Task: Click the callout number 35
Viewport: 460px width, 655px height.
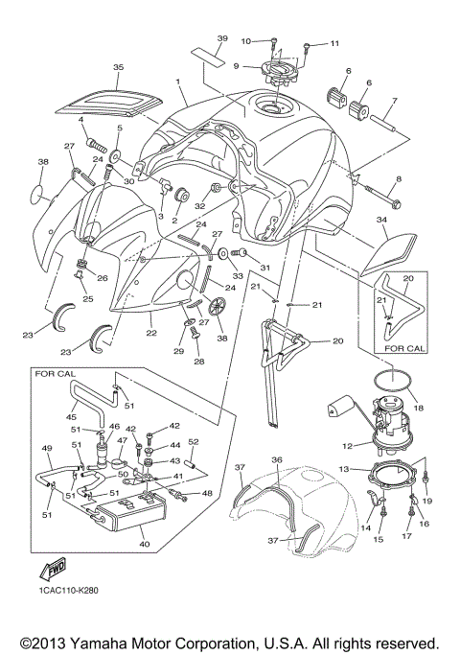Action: tap(118, 68)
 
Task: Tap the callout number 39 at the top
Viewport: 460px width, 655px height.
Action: tap(221, 37)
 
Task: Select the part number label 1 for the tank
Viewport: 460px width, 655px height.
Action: tap(179, 83)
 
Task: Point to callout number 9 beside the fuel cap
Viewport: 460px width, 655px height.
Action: tap(237, 66)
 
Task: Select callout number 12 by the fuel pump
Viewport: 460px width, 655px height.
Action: tap(348, 445)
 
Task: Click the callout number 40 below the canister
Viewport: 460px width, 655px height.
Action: tap(146, 543)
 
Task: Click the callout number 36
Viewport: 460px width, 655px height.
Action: tap(276, 459)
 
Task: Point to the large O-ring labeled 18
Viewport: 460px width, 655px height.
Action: tap(387, 387)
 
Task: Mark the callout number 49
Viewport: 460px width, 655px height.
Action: tap(46, 448)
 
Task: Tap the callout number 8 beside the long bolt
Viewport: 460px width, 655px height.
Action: tap(398, 179)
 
